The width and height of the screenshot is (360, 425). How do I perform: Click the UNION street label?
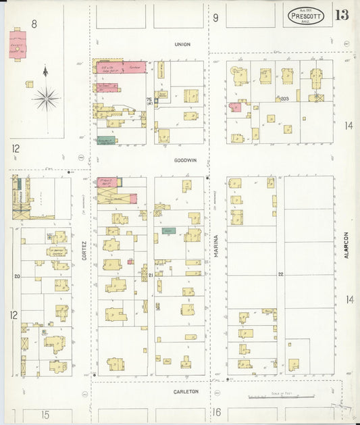click(182, 45)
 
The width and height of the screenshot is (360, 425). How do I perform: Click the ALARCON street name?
click(345, 245)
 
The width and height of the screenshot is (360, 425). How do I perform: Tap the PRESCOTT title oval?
click(305, 16)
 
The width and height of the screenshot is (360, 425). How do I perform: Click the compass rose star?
click(46, 99)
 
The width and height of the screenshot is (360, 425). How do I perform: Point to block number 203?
click(284, 99)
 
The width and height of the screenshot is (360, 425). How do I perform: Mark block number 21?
click(151, 276)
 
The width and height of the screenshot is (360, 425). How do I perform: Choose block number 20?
click(17, 276)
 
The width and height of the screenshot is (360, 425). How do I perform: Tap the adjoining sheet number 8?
click(34, 24)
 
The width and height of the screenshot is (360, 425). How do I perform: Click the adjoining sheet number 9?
click(215, 18)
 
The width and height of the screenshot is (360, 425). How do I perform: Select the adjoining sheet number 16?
click(217, 412)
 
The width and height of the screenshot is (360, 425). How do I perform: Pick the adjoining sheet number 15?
click(45, 414)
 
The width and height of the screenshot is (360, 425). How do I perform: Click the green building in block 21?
click(169, 231)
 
